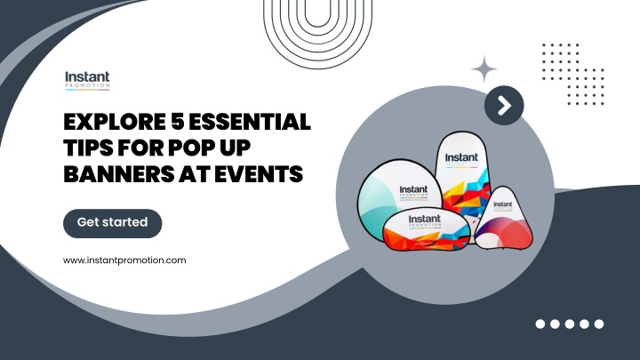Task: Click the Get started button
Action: click(x=112, y=223)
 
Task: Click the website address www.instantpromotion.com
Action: click(x=124, y=260)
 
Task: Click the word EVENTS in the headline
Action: click(x=260, y=173)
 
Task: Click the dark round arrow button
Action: click(x=504, y=107)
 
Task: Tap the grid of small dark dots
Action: click(x=572, y=74)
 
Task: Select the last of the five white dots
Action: click(x=599, y=324)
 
